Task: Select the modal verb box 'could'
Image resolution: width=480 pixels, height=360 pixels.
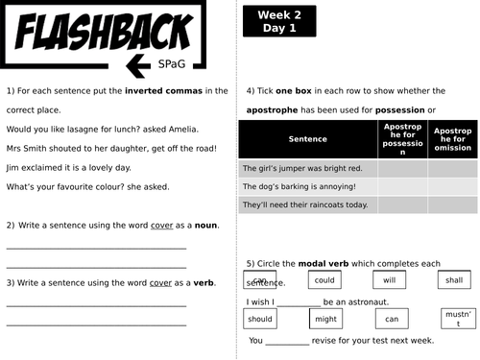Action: [324, 280]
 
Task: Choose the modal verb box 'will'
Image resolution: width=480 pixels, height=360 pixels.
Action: [389, 280]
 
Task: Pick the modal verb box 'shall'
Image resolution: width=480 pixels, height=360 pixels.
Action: [455, 280]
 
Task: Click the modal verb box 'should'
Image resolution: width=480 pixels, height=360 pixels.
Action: [259, 319]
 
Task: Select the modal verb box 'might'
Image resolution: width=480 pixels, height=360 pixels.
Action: [325, 319]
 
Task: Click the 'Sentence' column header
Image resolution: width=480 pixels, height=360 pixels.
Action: [307, 139]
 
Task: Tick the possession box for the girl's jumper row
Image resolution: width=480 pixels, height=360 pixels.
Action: [402, 168]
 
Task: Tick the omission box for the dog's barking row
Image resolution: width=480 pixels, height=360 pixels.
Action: [452, 186]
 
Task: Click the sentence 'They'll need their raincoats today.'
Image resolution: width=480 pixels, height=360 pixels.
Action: [305, 204]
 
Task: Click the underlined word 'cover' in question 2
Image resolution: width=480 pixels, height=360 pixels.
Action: [160, 226]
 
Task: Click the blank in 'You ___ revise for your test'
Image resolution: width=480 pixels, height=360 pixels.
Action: [287, 341]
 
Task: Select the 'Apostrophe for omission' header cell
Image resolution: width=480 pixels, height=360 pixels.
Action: [452, 139]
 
